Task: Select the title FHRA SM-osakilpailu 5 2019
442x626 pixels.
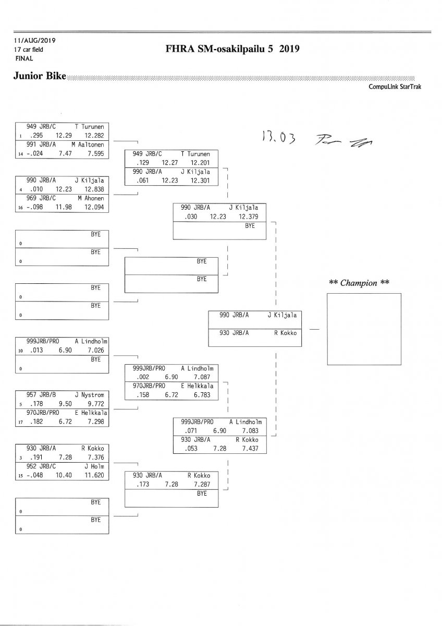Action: (x=232, y=49)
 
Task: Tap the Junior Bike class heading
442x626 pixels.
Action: (x=40, y=76)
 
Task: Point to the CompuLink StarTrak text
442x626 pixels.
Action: (x=395, y=87)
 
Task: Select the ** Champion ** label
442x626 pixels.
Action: (x=360, y=283)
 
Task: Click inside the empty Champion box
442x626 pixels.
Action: (x=363, y=329)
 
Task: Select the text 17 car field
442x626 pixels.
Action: (x=29, y=50)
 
